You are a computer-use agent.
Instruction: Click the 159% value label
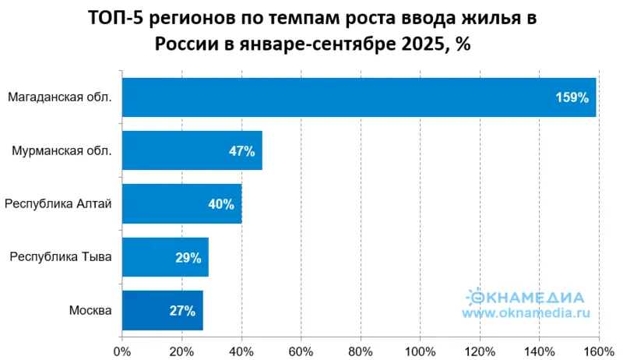click(572, 98)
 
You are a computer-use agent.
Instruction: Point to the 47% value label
click(242, 151)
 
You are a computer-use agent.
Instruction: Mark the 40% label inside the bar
click(221, 204)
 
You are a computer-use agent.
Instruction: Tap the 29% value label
click(188, 257)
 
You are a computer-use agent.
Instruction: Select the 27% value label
click(182, 310)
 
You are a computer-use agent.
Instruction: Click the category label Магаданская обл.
click(59, 97)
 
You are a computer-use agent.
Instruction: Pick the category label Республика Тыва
click(59, 257)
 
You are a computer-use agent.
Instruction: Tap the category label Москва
click(90, 310)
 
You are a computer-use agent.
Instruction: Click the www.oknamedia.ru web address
click(526, 313)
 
